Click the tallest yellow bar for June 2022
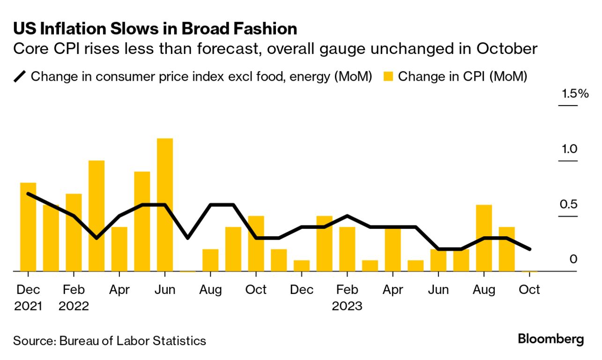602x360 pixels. pos(165,205)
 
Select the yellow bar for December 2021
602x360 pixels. pos(28,227)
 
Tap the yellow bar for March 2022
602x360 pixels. pos(97,216)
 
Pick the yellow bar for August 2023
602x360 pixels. pos(484,238)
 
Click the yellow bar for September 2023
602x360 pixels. pos(507,249)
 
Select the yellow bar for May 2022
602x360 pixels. pos(142,221)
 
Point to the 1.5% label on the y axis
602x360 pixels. pos(575,94)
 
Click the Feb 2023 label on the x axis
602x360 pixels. pos(347,298)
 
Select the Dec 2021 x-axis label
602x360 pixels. pos(28,298)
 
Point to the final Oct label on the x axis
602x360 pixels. pos(530,289)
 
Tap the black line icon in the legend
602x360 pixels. pos(20,76)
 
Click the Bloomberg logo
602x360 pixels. pos(551,339)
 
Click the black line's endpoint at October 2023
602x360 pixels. pos(530,249)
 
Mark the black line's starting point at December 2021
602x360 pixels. pos(28,194)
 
